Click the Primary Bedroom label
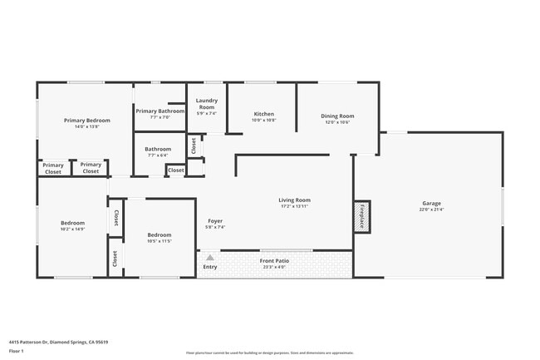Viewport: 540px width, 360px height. click(x=87, y=121)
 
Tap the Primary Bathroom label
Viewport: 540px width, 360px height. click(x=160, y=111)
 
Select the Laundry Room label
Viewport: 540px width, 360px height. click(x=206, y=104)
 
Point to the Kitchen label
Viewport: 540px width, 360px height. click(x=263, y=114)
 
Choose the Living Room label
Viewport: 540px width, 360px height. click(x=294, y=200)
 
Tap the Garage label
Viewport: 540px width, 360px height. click(x=431, y=204)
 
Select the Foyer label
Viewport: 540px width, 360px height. click(x=215, y=221)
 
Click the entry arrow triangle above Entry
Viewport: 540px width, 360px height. click(x=210, y=258)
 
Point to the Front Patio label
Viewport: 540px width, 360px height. click(x=273, y=261)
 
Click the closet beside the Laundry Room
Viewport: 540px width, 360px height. click(x=194, y=145)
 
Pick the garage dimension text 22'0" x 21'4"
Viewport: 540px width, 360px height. click(x=431, y=210)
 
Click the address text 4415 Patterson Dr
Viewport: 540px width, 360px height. click(x=58, y=342)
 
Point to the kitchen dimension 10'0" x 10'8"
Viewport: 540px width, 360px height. click(x=263, y=120)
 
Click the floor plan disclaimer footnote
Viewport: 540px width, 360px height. click(x=269, y=353)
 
